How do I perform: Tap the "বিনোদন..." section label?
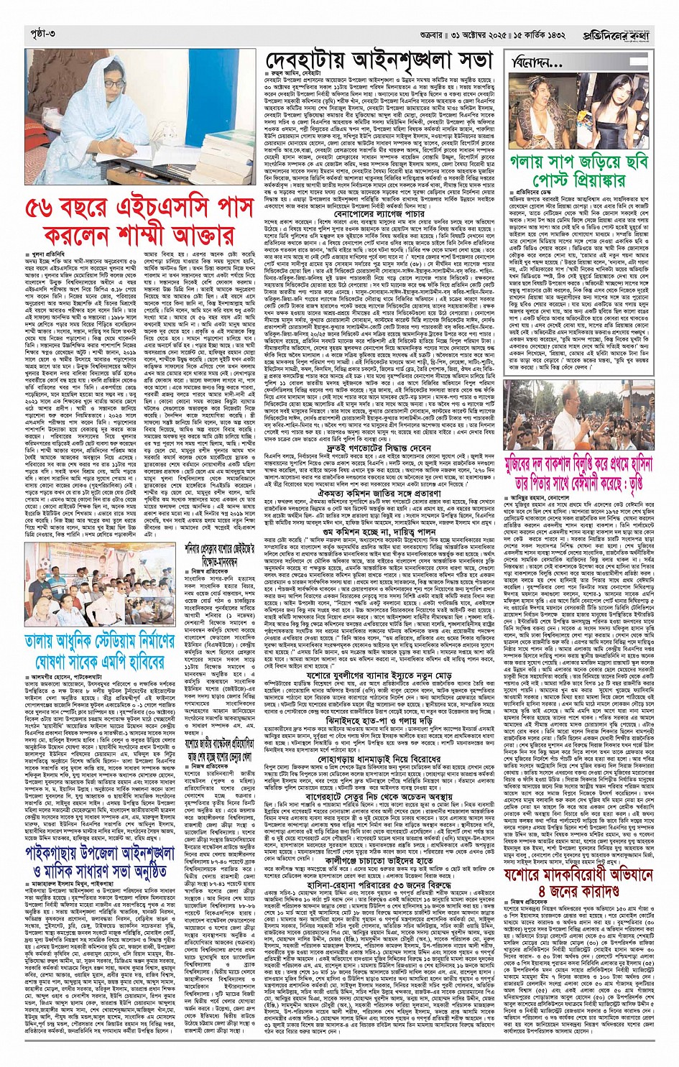pyautogui.click(x=537, y=64)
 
